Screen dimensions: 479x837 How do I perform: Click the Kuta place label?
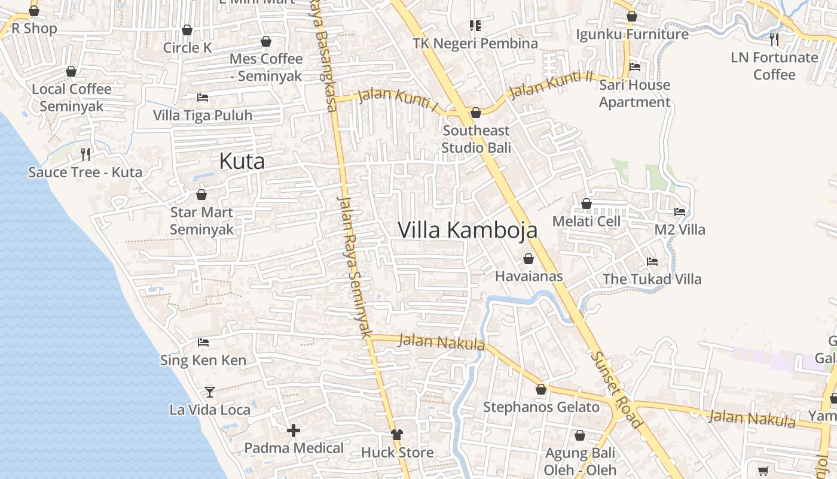click(242, 161)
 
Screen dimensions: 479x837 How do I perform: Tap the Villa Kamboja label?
click(468, 230)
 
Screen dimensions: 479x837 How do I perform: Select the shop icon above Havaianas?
click(529, 259)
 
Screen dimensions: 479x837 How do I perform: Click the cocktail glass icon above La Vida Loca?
click(209, 392)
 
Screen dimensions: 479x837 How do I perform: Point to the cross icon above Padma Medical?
click(294, 431)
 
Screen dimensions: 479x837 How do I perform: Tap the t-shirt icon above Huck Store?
click(396, 435)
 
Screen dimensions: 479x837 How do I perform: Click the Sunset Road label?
click(617, 390)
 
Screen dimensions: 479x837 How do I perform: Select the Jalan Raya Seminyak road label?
click(355, 266)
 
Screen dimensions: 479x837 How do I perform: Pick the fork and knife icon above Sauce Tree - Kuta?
click(85, 154)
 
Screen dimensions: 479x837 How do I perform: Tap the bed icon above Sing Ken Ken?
click(203, 342)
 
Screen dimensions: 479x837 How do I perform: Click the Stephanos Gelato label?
click(541, 407)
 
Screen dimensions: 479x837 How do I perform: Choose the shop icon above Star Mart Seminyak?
click(201, 195)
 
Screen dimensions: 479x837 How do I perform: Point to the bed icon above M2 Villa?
click(680, 211)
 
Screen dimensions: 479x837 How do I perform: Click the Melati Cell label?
click(586, 221)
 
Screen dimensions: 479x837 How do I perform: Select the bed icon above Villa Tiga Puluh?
click(203, 97)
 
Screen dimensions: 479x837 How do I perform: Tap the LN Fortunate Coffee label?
click(774, 66)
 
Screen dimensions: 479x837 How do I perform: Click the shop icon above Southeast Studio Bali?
click(476, 113)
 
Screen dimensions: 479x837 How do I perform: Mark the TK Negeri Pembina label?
click(475, 43)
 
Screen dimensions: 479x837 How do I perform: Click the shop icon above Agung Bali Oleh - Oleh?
click(579, 435)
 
